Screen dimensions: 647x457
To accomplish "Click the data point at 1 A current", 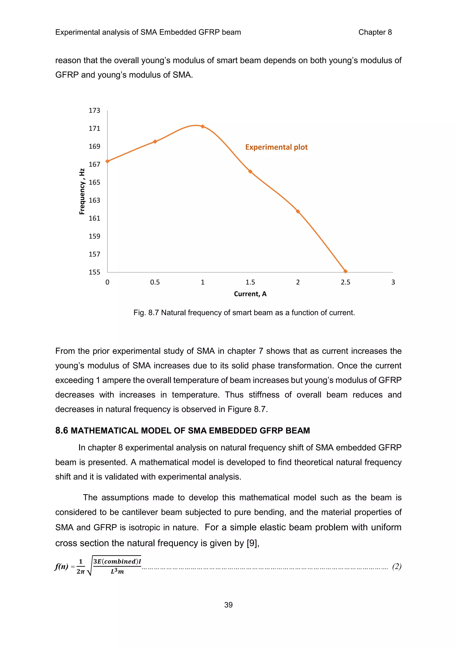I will (203, 126).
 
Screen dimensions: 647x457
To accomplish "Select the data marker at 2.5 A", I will (346, 271).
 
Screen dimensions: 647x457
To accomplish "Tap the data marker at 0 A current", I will (107, 161).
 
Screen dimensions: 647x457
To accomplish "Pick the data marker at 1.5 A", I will (250, 172).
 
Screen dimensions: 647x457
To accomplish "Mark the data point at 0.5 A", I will (155, 141).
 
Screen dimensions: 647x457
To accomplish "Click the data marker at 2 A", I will (298, 211).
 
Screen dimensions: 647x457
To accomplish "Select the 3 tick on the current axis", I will (393, 282).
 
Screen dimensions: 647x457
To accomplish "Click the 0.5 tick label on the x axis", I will (155, 282).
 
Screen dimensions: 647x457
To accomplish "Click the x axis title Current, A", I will (250, 294).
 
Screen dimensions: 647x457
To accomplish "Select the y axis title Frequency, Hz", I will (82, 191).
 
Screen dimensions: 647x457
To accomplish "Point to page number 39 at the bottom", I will (228, 605).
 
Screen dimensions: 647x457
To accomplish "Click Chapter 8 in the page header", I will (375, 32).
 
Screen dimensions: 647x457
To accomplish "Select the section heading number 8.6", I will (62, 431).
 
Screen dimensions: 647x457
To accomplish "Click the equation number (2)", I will (397, 566).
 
